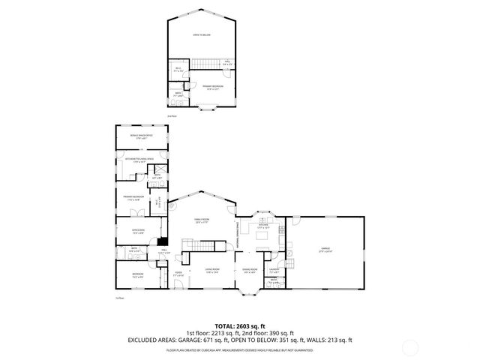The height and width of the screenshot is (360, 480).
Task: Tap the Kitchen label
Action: point(263,225)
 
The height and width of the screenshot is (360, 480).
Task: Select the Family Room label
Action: point(201,220)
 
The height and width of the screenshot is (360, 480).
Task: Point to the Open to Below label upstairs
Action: point(201,34)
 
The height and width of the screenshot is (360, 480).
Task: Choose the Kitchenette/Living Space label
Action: point(139,160)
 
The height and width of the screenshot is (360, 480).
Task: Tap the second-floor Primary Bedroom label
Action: point(212,87)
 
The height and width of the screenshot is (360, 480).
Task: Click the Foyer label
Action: point(178,275)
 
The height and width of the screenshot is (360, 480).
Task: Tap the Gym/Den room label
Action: point(138,231)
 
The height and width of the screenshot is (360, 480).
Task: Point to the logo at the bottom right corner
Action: point(455,347)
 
